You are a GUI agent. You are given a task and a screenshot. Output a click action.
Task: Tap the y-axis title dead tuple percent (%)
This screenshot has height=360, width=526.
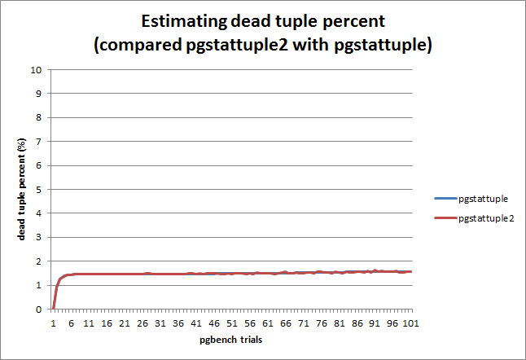tap(22, 189)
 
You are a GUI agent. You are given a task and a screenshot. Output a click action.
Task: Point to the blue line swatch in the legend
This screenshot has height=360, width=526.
tap(445, 198)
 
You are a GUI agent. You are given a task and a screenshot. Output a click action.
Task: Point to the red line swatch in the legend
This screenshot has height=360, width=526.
tap(445, 219)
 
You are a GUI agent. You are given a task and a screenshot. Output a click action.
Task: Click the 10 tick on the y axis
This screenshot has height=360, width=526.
tap(36, 69)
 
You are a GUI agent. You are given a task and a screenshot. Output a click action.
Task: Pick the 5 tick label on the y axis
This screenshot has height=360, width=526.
tap(38, 190)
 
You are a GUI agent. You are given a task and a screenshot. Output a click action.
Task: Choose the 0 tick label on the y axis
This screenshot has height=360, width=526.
tap(38, 310)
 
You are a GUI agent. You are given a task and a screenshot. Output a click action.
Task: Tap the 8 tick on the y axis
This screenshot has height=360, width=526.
tap(38, 117)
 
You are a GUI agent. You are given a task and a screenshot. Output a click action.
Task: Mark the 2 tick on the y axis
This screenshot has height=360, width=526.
tap(38, 261)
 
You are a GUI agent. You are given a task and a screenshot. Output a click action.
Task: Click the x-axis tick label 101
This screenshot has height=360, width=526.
tap(411, 323)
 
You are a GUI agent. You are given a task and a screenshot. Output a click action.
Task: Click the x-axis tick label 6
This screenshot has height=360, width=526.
tap(71, 323)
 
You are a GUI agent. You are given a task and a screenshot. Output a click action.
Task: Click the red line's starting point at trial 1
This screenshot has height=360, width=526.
tap(53, 308)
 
